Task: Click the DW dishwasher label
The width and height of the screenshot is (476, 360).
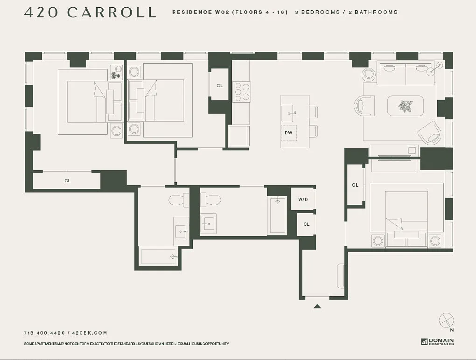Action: pyautogui.click(x=288, y=133)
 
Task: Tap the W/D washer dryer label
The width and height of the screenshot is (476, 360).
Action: pyautogui.click(x=303, y=199)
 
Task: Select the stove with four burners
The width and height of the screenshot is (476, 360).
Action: pyautogui.click(x=242, y=92)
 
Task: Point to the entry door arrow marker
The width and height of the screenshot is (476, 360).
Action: pyautogui.click(x=317, y=307)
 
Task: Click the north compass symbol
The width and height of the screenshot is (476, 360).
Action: pyautogui.click(x=446, y=321)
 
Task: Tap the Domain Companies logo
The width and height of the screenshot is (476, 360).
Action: pyautogui.click(x=437, y=342)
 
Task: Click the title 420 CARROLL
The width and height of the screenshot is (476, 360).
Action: pyautogui.click(x=90, y=12)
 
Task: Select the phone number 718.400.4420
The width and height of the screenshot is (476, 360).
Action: pyautogui.click(x=44, y=333)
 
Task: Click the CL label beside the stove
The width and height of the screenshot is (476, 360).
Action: pyautogui.click(x=220, y=85)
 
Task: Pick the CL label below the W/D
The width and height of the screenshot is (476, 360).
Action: pyautogui.click(x=306, y=224)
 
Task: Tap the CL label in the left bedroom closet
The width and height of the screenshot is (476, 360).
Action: pyautogui.click(x=68, y=181)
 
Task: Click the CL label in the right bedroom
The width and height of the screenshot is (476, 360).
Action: pyautogui.click(x=355, y=185)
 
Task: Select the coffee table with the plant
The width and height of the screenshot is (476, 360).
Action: pyautogui.click(x=405, y=106)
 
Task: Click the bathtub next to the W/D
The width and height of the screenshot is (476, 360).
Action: pyautogui.click(x=278, y=215)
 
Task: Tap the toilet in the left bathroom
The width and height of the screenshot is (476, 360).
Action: pyautogui.click(x=179, y=200)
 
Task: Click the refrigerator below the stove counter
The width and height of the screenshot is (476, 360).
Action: pyautogui.click(x=239, y=136)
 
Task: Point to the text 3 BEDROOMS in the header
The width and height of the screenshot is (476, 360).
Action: pyautogui.click(x=317, y=12)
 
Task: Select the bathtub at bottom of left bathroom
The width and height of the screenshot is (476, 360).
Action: pyautogui.click(x=158, y=256)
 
